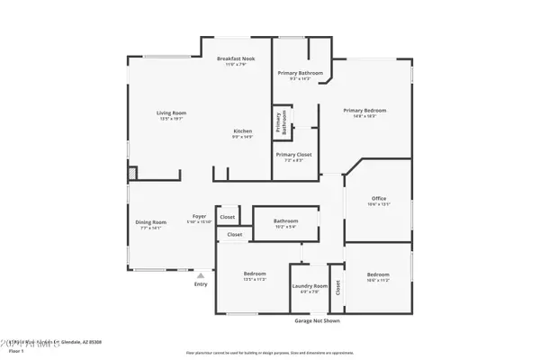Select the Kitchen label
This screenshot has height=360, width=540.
(x=242, y=131)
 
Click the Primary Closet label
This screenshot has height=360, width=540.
(x=293, y=155)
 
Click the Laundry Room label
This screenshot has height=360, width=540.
(x=310, y=286)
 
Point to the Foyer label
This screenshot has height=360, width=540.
(x=199, y=217)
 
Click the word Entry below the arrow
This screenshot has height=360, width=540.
(x=201, y=284)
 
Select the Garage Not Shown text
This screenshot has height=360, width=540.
(x=317, y=320)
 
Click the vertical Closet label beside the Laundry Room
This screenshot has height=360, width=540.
(x=337, y=288)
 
